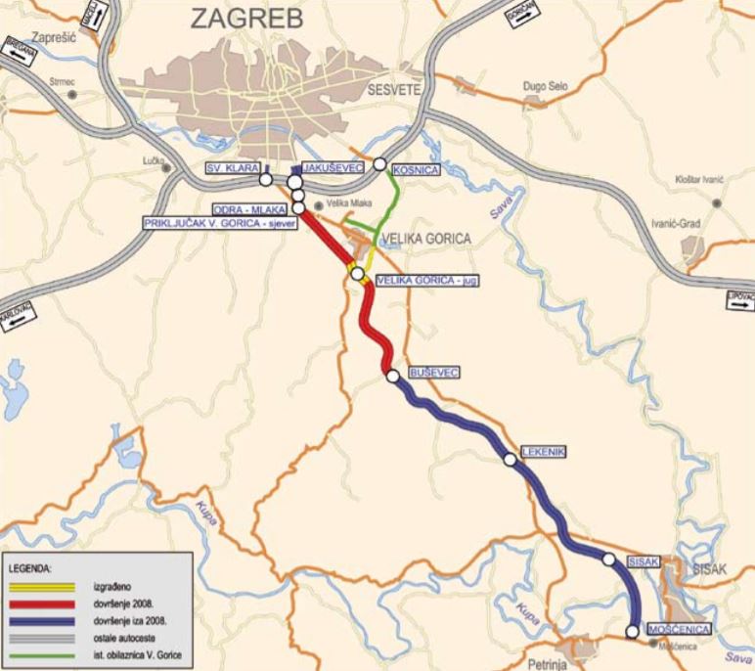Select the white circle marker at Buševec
point(392,376)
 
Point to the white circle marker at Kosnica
point(379,164)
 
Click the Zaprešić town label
point(48,36)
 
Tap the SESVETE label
point(394,90)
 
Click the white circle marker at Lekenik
point(510,459)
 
